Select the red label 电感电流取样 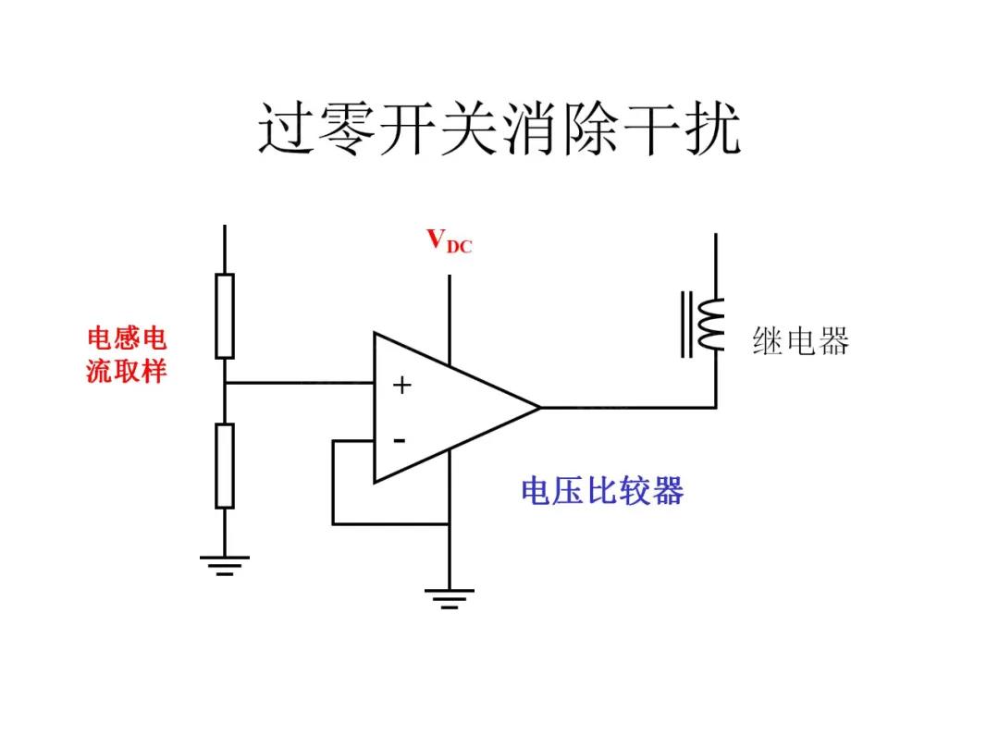127,354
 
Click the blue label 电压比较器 601,490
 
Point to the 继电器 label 800,342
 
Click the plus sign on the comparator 401,386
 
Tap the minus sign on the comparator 400,441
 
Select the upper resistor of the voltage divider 225,315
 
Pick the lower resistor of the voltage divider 225,465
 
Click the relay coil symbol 710,325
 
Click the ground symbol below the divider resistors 225,563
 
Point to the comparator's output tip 537,407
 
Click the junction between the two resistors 225,382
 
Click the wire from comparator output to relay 629,407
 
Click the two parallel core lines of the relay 687,324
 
